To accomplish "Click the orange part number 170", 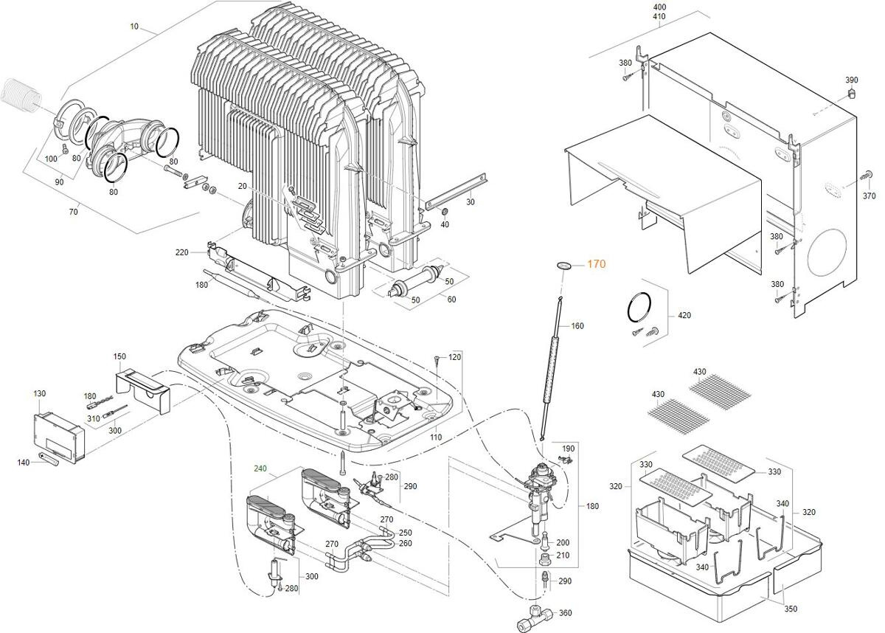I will click(597, 264).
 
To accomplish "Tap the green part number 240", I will click(260, 468).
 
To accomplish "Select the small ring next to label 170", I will click(564, 264).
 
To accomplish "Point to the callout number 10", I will click(134, 27).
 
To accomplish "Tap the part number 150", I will click(119, 356).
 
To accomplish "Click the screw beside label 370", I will click(866, 175).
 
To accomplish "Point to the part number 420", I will click(684, 316).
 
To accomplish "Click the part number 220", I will click(181, 252).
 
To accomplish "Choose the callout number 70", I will click(73, 212).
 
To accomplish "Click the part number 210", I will click(563, 555).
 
